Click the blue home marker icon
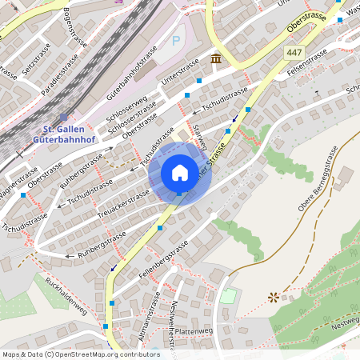[x=180, y=173]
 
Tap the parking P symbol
[x=177, y=40]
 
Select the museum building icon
[x=216, y=60]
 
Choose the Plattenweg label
[x=191, y=330]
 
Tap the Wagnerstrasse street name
[x=18, y=182]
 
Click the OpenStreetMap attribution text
[x=80, y=354]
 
